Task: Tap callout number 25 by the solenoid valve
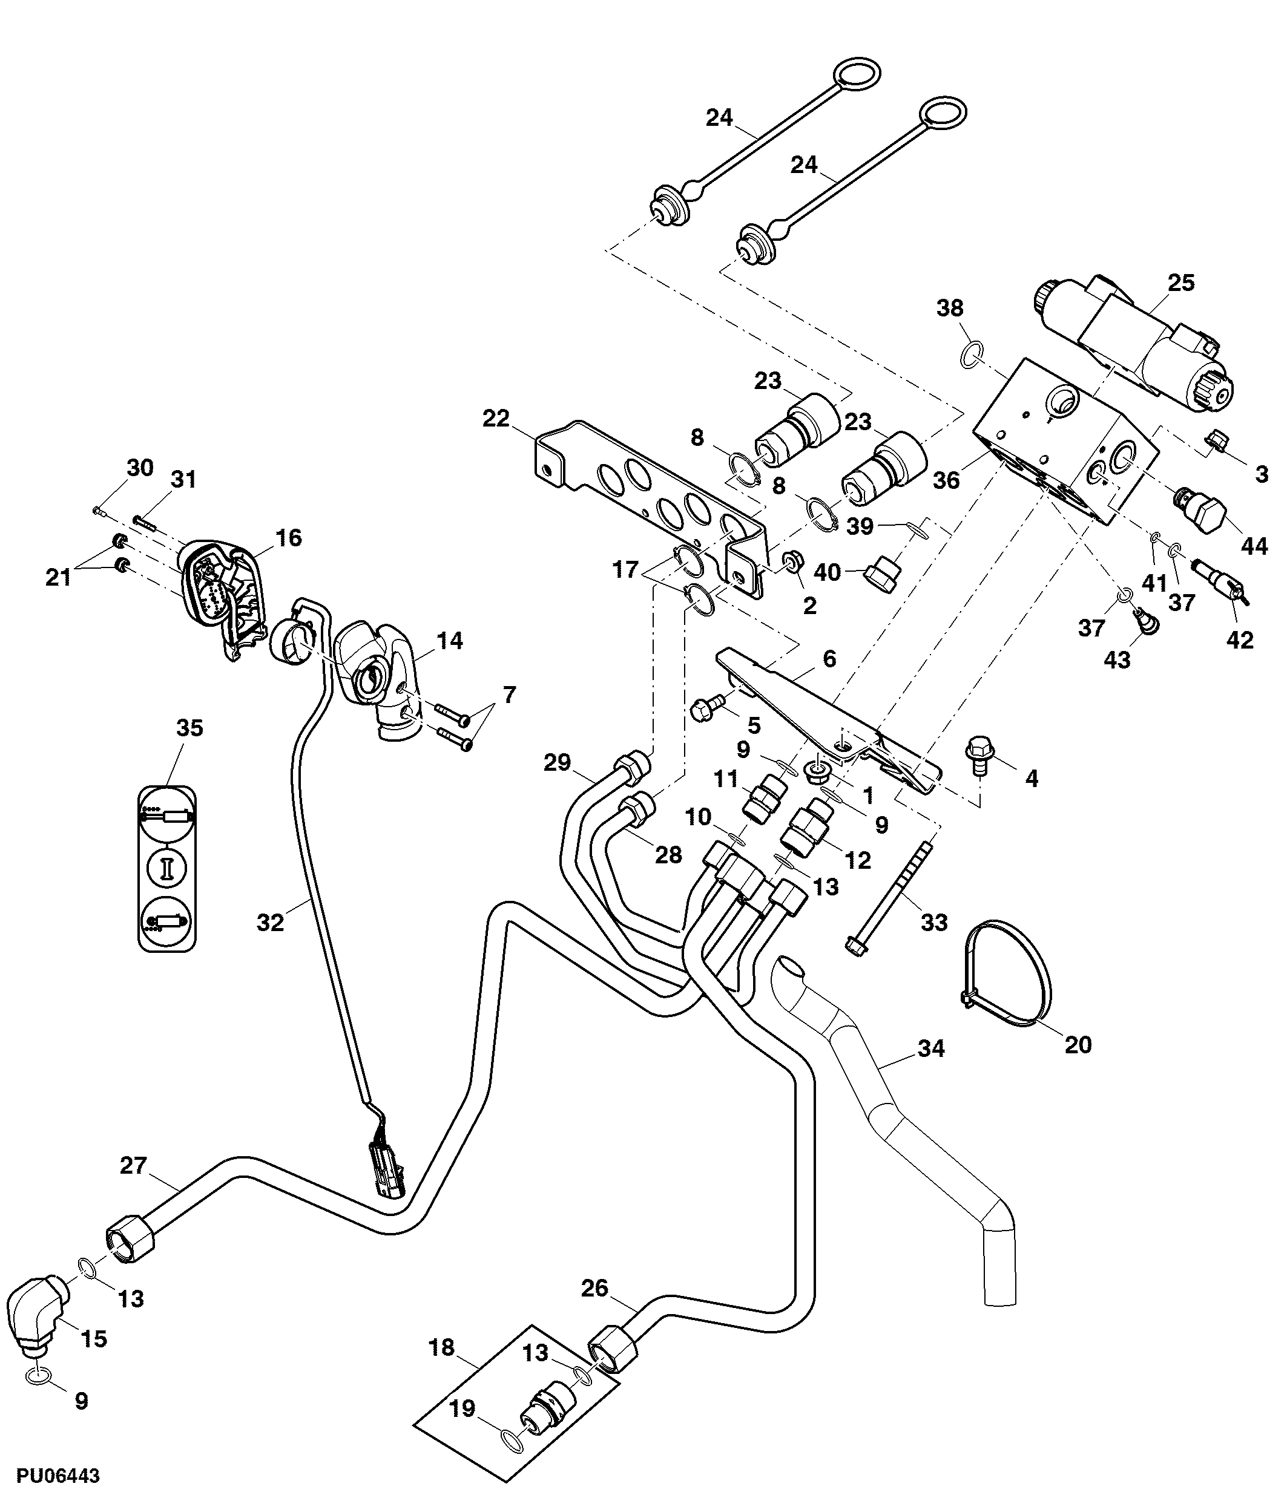pyautogui.click(x=1181, y=283)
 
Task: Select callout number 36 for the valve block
pyautogui.click(x=946, y=480)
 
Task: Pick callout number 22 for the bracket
pyautogui.click(x=496, y=419)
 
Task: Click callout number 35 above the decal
pyautogui.click(x=190, y=728)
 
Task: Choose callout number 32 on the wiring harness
pyautogui.click(x=271, y=922)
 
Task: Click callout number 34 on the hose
pyautogui.click(x=931, y=1048)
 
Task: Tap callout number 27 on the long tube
pyautogui.click(x=133, y=1166)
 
